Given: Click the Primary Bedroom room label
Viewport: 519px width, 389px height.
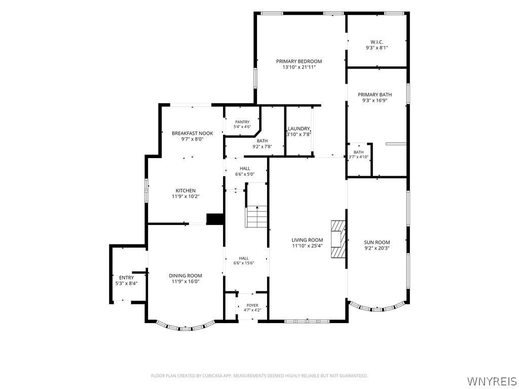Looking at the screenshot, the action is point(299,61).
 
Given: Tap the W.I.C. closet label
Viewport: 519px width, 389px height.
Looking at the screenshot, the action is point(377,42).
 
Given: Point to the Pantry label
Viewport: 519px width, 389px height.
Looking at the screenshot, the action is point(242,122).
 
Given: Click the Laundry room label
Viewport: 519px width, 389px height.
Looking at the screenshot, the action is point(299,129).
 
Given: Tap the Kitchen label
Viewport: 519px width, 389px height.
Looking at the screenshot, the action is point(186,190).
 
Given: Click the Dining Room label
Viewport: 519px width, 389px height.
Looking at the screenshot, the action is point(186,276).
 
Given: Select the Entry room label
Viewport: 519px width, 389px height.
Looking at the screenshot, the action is point(126,278).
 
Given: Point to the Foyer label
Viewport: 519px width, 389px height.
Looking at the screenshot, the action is point(252,305).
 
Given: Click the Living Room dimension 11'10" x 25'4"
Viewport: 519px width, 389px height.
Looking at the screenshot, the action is point(307,246).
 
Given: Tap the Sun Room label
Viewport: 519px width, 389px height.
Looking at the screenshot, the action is point(377,242).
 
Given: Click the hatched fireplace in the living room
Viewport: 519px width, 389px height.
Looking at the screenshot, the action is point(338,239).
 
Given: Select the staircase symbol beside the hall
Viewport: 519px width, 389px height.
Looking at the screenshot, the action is point(256,217).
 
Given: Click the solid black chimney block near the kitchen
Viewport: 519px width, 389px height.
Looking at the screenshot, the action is point(214,219).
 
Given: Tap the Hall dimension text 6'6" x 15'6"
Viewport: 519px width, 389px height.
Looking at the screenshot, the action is point(244,263).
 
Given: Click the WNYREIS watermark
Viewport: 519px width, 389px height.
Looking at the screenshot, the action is point(491,380).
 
